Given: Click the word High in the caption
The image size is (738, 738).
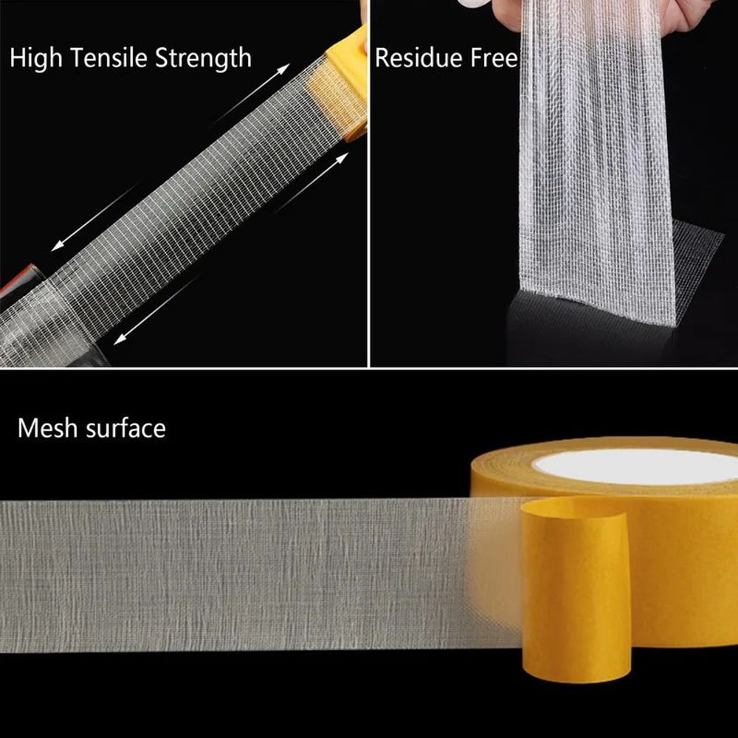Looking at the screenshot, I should pos(35,58).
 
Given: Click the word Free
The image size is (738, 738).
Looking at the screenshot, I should pos(493,58).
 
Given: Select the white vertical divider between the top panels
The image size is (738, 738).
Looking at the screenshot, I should pos(368,184).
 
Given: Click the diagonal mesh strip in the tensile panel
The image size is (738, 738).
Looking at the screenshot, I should pos(184,214).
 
